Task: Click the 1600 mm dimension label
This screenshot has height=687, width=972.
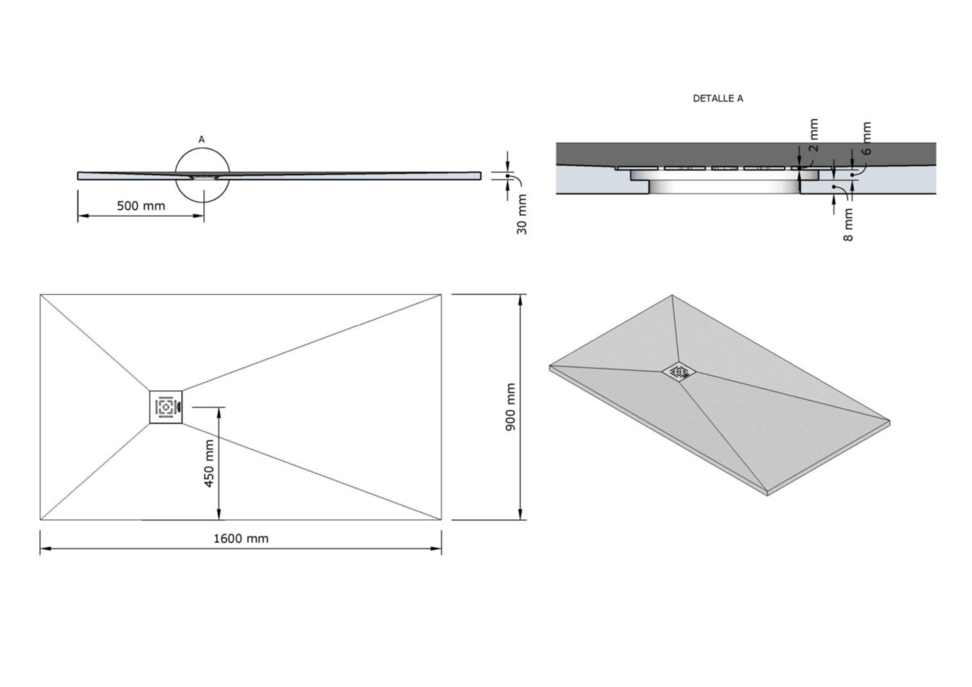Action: (x=241, y=539)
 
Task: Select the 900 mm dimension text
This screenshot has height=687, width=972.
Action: (x=510, y=407)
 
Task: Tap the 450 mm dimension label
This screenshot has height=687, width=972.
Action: (x=209, y=463)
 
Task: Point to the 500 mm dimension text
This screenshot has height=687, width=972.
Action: (x=141, y=206)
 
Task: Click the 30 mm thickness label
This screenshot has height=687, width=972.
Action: (x=522, y=215)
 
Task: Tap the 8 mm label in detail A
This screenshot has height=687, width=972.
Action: (x=848, y=225)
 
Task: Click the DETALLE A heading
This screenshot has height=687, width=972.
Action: (x=718, y=98)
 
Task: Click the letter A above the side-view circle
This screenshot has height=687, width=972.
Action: (x=202, y=139)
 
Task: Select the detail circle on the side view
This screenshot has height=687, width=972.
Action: (x=202, y=174)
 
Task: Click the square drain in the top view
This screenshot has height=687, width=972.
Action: (x=166, y=407)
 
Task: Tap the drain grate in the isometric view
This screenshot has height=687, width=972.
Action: (x=679, y=372)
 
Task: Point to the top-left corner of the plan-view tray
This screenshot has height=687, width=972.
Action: (x=40, y=295)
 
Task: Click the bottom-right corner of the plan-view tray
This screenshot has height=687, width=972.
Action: (x=441, y=519)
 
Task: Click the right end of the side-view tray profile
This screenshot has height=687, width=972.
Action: (x=480, y=175)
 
